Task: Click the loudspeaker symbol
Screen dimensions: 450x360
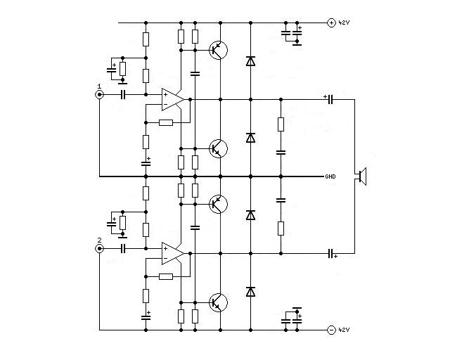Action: [363, 176]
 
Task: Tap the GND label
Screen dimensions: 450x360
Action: [330, 176]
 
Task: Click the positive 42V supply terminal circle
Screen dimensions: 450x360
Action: [331, 23]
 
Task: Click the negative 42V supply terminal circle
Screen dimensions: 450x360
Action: [331, 330]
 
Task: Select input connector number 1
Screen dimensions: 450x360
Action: [99, 94]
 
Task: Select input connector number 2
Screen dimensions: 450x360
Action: [99, 249]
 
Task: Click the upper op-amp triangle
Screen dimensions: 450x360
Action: [173, 100]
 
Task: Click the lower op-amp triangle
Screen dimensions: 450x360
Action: [173, 254]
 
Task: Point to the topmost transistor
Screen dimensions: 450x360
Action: [218, 50]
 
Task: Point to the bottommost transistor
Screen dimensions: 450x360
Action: [218, 302]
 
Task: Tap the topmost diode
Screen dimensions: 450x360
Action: [250, 61]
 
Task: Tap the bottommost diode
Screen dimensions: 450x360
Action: [250, 292]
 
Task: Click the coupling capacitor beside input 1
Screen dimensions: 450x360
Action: [123, 94]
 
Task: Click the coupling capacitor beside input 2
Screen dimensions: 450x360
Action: [123, 249]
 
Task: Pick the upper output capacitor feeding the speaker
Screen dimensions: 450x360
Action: [330, 100]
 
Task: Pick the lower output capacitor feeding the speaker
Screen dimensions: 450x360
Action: [330, 254]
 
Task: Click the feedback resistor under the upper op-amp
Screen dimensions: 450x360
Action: [166, 123]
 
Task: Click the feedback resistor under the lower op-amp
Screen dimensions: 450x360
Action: [166, 277]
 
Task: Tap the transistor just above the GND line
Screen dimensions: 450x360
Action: [218, 148]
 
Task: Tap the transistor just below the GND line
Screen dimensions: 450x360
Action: [218, 204]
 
